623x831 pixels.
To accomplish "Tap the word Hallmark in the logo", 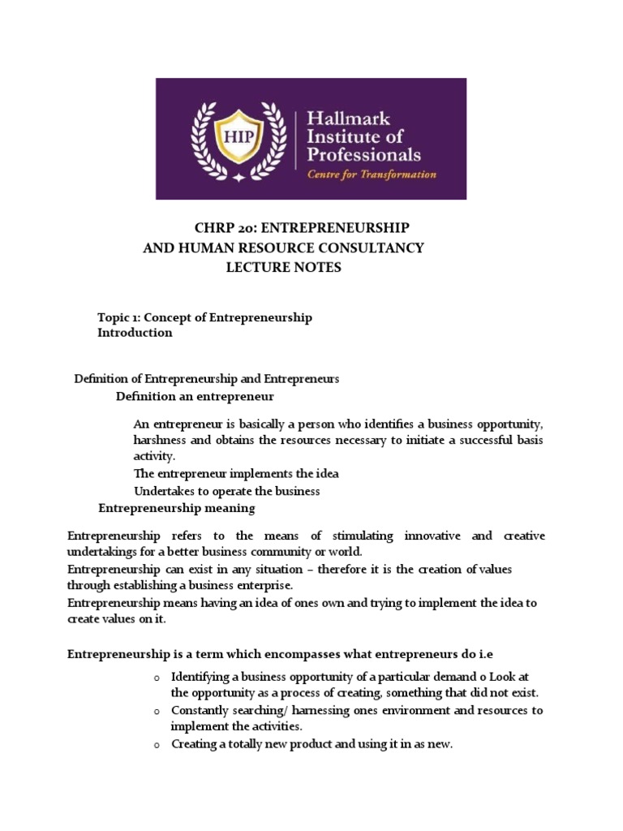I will pos(346,119).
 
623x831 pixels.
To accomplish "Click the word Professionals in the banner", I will pos(363,153).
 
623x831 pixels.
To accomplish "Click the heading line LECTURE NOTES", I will pos(283,268).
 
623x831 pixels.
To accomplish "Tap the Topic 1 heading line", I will pos(204,317).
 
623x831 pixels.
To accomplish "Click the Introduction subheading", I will pos(135,333).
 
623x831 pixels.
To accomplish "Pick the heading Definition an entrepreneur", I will pos(195,397).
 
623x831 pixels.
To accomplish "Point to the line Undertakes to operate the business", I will pos(226,491).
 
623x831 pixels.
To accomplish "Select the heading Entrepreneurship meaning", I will pos(176,508).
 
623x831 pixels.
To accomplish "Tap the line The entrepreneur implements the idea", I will pos(236,474).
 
